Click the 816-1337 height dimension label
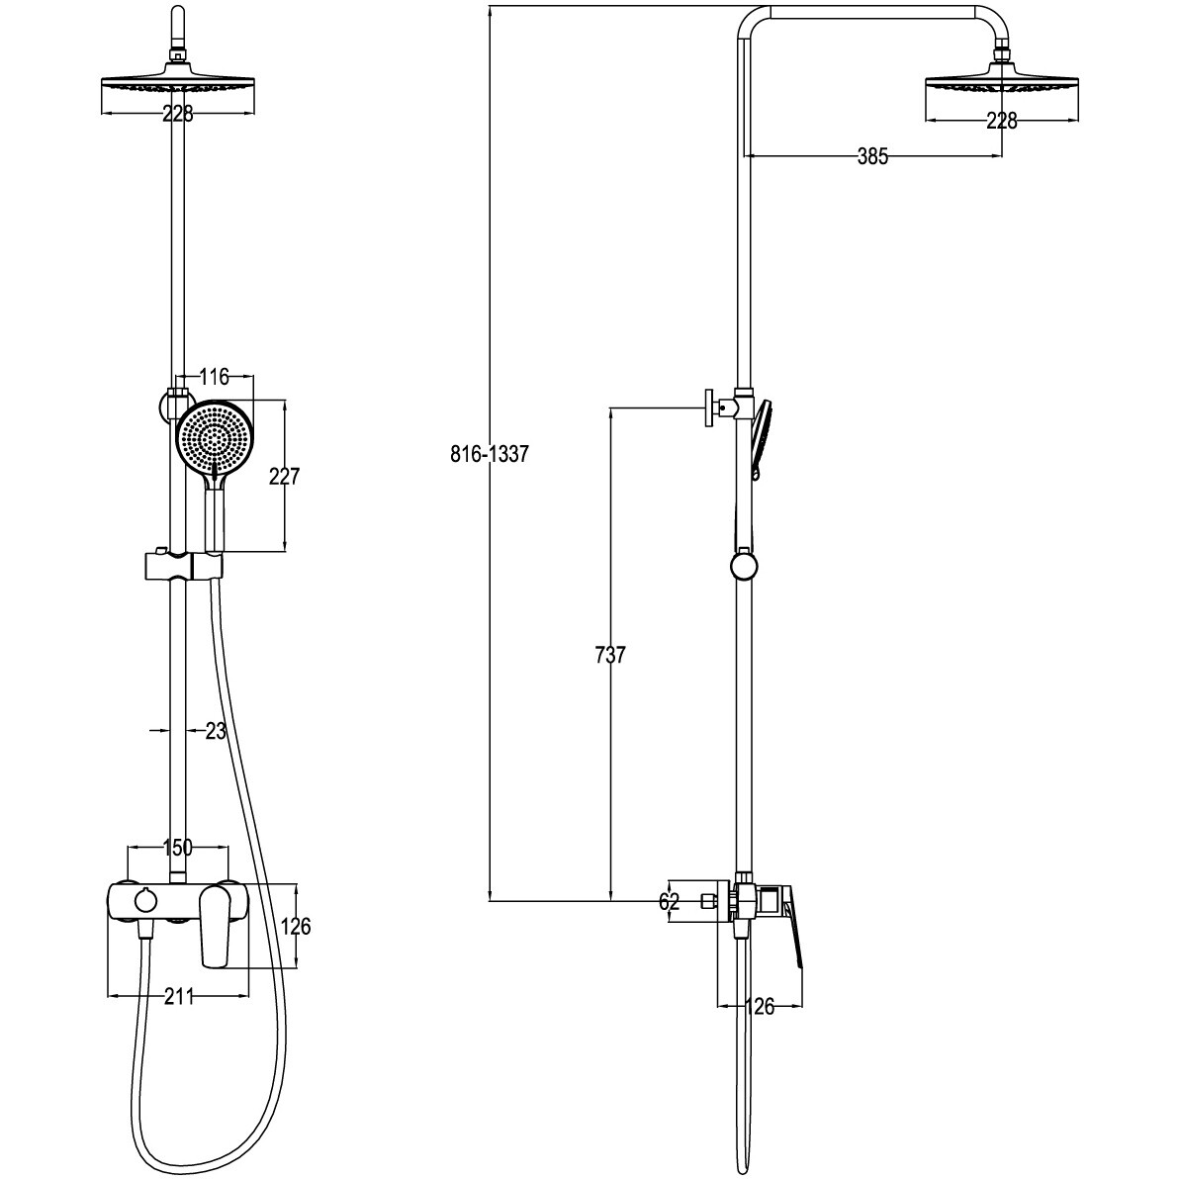(490, 454)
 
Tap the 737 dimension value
(609, 656)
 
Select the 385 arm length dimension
(873, 156)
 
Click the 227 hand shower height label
(285, 477)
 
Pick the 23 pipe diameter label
(216, 731)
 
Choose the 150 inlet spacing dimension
(178, 848)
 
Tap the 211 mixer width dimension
(179, 996)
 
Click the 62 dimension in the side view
(669, 901)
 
